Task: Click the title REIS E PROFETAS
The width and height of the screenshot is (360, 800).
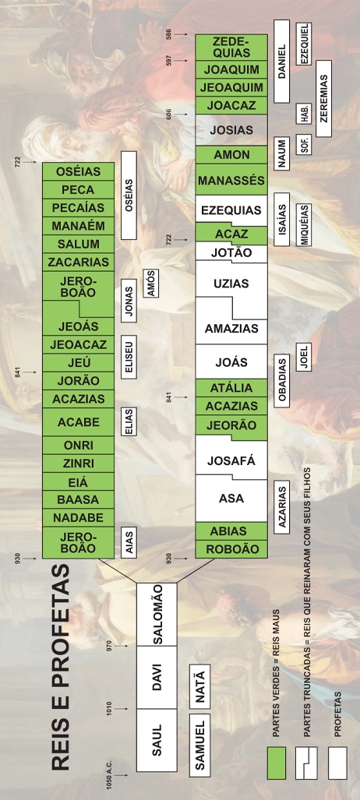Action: pyautogui.click(x=61, y=668)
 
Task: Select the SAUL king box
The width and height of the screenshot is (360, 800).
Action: pyautogui.click(x=157, y=740)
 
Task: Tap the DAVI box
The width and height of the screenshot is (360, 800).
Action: pyautogui.click(x=157, y=677)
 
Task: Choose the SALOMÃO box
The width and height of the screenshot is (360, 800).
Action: pyautogui.click(x=157, y=615)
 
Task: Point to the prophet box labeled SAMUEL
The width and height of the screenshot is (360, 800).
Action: pyautogui.click(x=199, y=745)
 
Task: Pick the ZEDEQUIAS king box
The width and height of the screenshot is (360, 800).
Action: pyautogui.click(x=231, y=47)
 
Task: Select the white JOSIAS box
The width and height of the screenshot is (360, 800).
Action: pyautogui.click(x=231, y=130)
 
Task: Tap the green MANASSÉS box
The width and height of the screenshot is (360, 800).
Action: pyautogui.click(x=231, y=180)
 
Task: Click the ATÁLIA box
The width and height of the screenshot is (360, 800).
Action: pyautogui.click(x=231, y=388)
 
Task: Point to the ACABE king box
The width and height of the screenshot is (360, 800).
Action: pyautogui.click(x=78, y=422)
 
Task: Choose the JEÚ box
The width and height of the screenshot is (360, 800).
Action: pyautogui.click(x=78, y=363)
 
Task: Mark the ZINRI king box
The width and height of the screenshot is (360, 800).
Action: pyautogui.click(x=78, y=463)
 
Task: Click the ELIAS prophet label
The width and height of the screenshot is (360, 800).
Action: pyautogui.click(x=129, y=421)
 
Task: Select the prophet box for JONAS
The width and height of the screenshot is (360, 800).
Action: pyautogui.click(x=129, y=301)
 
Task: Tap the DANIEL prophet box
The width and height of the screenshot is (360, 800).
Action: pyautogui.click(x=281, y=62)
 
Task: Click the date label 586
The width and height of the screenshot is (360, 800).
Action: pyautogui.click(x=169, y=35)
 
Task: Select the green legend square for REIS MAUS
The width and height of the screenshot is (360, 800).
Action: pyautogui.click(x=277, y=763)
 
